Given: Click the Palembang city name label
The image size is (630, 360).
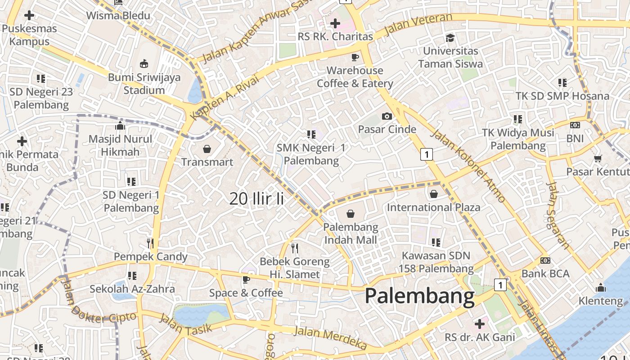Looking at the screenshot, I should pyautogui.click(x=419, y=297).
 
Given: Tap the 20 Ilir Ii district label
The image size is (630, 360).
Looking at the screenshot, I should pyautogui.click(x=256, y=198).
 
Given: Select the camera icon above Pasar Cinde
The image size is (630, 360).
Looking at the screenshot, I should pyautogui.click(x=387, y=117).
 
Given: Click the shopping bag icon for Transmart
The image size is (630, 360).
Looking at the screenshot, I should pyautogui.click(x=207, y=149).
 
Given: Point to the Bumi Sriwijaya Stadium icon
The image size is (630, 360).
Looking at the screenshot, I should pyautogui.click(x=144, y=63).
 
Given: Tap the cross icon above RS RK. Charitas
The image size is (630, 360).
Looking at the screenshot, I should pyautogui.click(x=335, y=23).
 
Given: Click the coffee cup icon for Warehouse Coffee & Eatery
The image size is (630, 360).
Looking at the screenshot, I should pyautogui.click(x=355, y=57).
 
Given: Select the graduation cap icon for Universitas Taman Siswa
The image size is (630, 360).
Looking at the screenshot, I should pyautogui.click(x=450, y=37).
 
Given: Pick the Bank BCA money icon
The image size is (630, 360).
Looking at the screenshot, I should pyautogui.click(x=545, y=261).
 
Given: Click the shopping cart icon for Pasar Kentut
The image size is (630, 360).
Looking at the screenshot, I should pyautogui.click(x=598, y=158).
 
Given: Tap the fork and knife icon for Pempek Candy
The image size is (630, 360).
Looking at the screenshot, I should pyautogui.click(x=150, y=243).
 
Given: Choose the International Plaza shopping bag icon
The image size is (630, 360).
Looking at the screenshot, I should pyautogui.click(x=433, y=194).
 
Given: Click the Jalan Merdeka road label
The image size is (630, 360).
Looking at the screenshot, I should pyautogui.click(x=330, y=337).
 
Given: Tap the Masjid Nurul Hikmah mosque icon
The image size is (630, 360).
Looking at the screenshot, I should pyautogui.click(x=120, y=126).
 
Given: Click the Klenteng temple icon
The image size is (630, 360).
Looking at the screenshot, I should pyautogui.click(x=600, y=288).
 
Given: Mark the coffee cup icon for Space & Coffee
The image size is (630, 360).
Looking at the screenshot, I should pyautogui.click(x=246, y=279).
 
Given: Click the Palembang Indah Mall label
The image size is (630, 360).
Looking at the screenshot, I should pyautogui.click(x=351, y=233).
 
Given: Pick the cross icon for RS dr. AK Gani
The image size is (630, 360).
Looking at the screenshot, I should pyautogui.click(x=479, y=324).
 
